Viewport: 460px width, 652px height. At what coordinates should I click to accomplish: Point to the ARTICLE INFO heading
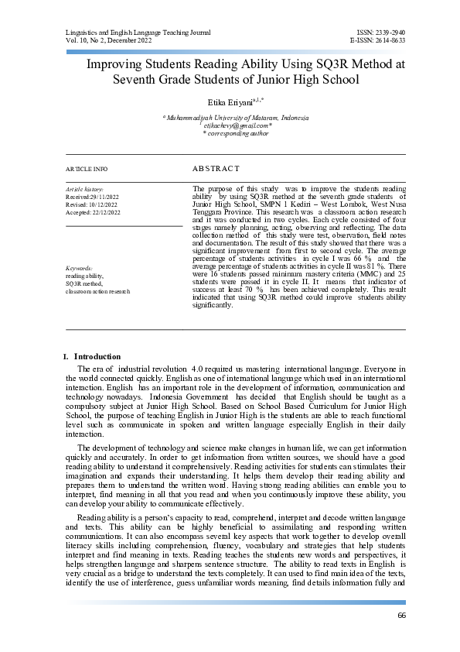pyautogui.click(x=87, y=169)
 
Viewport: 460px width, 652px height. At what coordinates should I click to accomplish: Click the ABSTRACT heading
pyautogui.click(x=216, y=168)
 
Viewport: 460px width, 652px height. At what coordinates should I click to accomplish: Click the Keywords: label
pyautogui.click(x=79, y=268)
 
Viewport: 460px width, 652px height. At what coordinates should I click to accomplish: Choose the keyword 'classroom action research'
pyautogui.click(x=97, y=291)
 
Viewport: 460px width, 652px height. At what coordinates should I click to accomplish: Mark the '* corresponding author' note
pyautogui.click(x=236, y=132)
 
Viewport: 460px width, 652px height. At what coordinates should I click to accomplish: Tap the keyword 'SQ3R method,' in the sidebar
pyautogui.click(x=86, y=283)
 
